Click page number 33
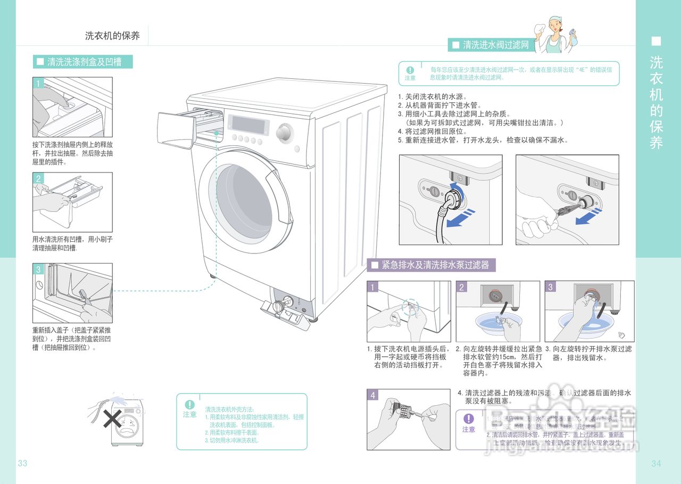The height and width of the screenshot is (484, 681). pos(22,463)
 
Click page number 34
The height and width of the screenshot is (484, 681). pos(656,463)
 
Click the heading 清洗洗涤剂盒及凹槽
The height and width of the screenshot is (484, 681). pos(84,62)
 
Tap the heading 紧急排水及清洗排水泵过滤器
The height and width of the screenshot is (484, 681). pos(435,265)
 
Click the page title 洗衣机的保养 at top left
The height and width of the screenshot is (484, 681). pos(112,36)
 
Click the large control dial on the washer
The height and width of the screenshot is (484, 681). pos(284,132)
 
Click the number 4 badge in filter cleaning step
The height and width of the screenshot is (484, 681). pos(373,395)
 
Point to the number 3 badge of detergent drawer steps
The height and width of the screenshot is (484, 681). pos(38,269)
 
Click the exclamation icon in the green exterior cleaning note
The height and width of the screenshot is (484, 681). pos(189,405)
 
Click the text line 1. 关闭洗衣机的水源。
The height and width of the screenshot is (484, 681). pos(432,97)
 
